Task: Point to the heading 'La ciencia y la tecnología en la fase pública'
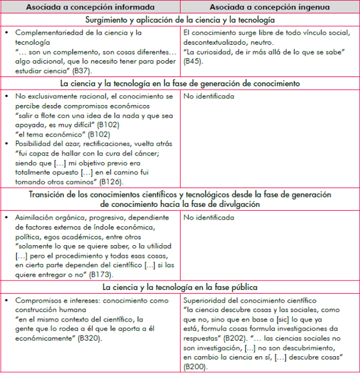179,287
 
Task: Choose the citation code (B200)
194,366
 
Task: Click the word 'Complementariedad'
48,33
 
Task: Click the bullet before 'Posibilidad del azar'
6,144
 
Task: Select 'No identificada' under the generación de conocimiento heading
209,96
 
